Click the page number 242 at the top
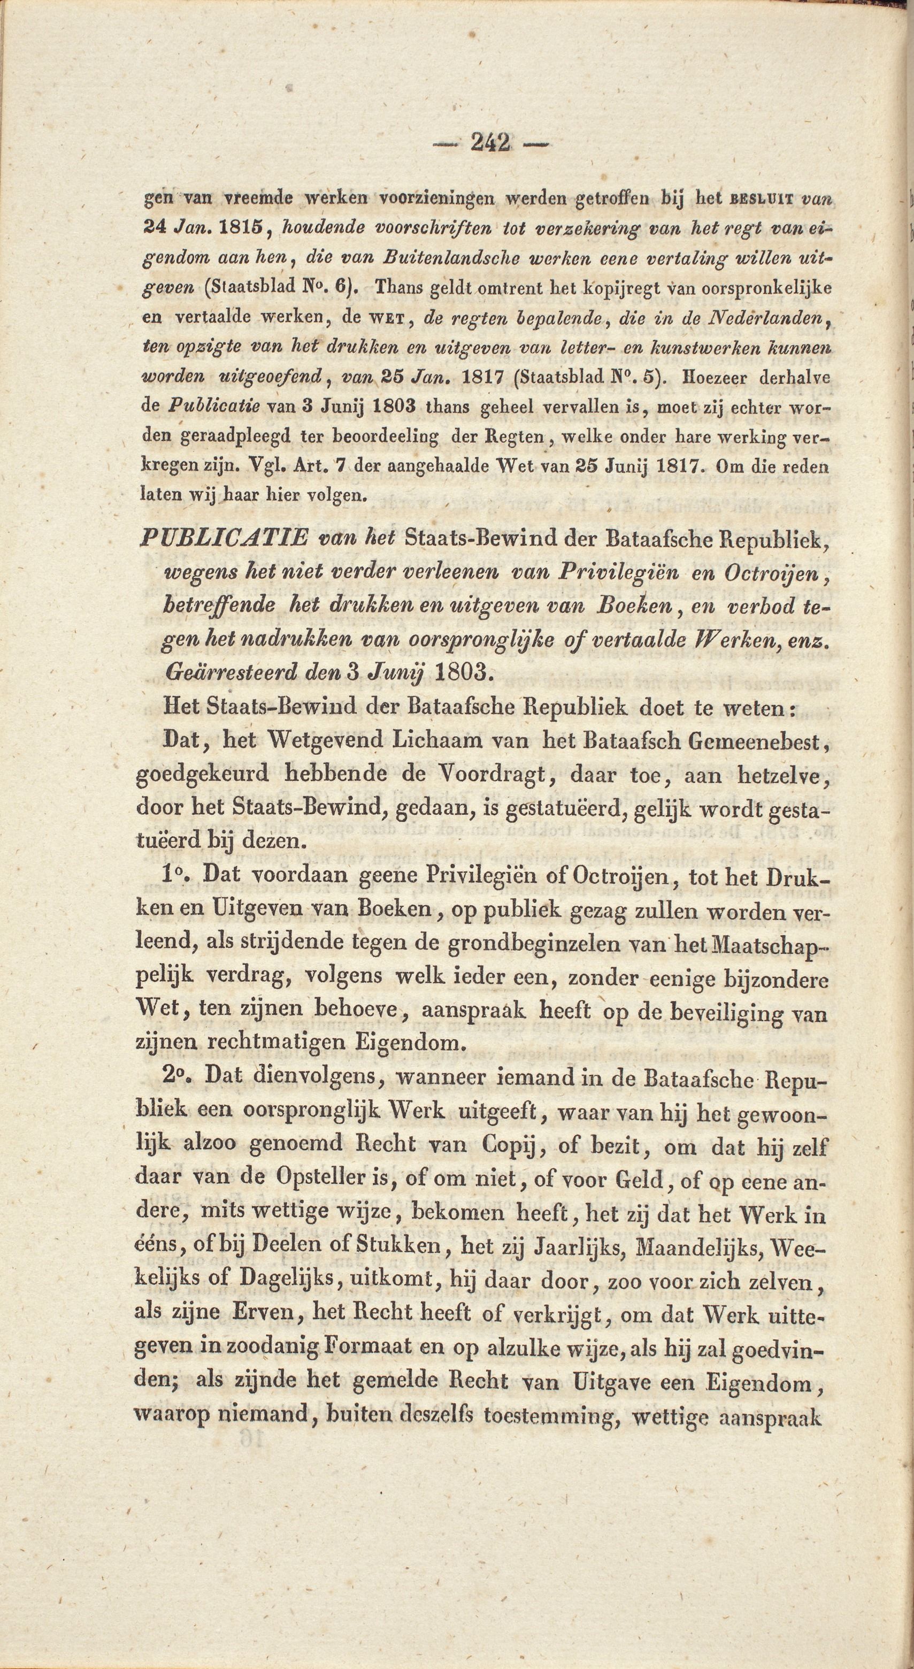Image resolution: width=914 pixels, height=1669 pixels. (490, 142)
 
